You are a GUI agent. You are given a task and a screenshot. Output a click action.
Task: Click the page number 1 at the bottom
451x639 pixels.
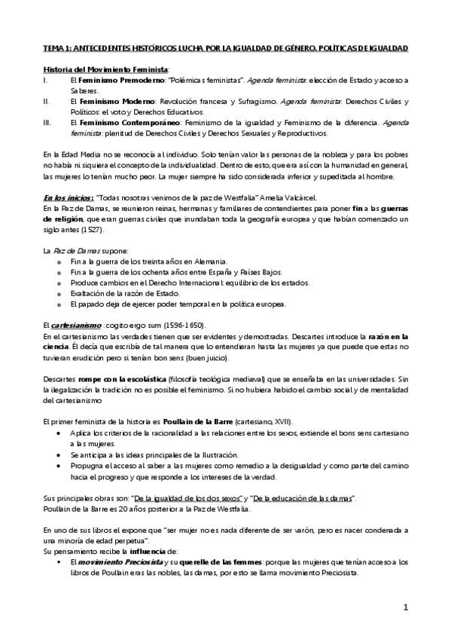405,607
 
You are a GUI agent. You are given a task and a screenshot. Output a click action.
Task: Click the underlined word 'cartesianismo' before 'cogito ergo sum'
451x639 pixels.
74,325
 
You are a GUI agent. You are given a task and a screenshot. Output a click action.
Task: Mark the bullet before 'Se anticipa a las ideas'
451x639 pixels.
60,455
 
